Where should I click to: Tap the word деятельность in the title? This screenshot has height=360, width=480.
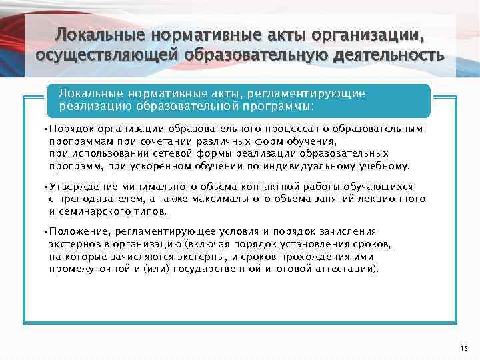click(379, 54)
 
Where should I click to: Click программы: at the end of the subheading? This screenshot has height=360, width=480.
click(279, 105)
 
